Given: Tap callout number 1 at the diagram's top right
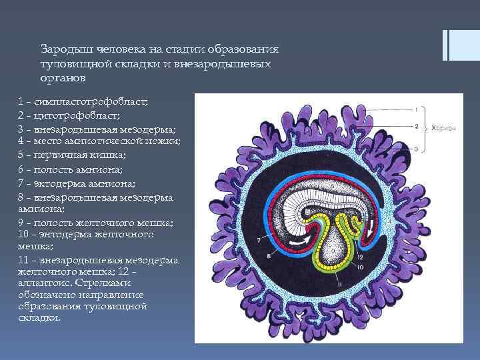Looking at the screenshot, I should (x=416, y=107).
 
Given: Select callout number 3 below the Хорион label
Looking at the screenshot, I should (x=416, y=149).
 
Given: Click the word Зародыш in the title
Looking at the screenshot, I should (x=63, y=50).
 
